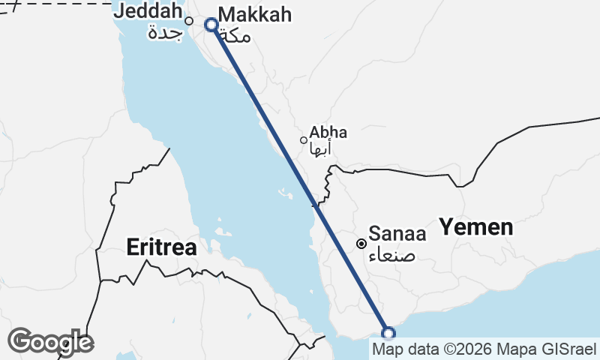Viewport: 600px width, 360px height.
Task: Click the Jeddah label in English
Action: point(148,12)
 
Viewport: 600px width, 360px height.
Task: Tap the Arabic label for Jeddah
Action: point(166,33)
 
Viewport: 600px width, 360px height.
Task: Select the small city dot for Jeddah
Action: point(189,21)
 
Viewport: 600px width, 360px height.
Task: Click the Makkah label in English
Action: point(254,15)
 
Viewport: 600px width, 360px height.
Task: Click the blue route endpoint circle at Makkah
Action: point(211,25)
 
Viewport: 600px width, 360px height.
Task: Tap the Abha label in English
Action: point(328,133)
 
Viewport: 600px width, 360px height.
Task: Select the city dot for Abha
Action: point(304,139)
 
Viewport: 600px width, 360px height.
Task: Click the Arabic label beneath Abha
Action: point(320,148)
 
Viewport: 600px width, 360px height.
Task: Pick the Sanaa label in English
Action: point(397,234)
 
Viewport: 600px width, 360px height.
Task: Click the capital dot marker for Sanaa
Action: point(361,243)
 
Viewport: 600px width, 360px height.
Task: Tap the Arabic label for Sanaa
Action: point(391,255)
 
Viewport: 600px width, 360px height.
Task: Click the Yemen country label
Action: point(476,226)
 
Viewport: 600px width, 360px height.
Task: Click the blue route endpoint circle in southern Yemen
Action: point(388,334)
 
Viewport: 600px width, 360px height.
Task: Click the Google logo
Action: point(49,342)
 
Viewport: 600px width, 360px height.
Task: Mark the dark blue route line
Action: point(300,179)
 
